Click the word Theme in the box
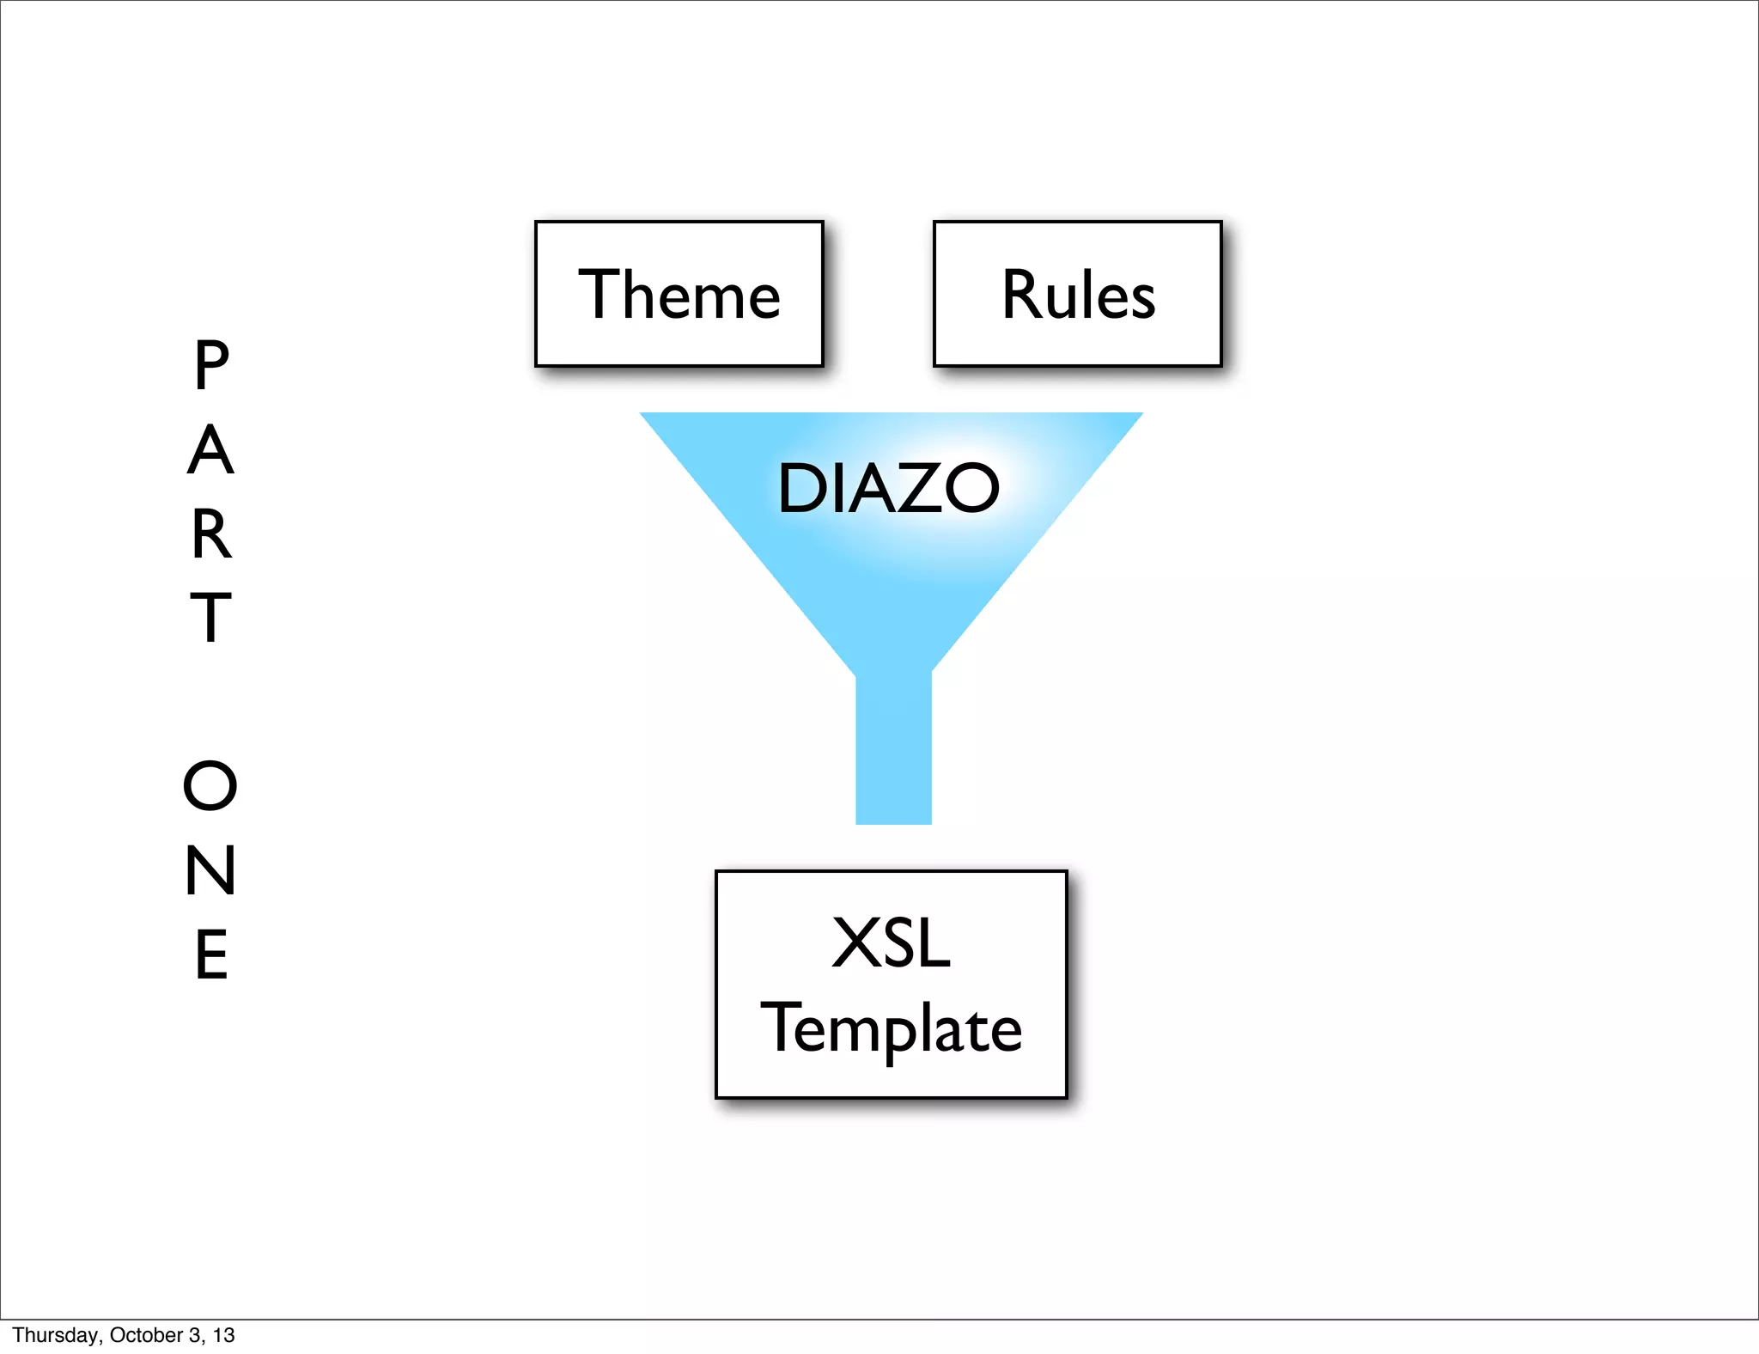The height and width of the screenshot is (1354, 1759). tap(679, 295)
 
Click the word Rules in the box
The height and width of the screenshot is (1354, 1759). tap(1078, 295)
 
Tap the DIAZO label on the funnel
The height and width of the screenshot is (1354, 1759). tap(888, 488)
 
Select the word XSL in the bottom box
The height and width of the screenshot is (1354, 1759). tap(891, 943)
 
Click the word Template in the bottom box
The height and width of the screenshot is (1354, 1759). tap(891, 1028)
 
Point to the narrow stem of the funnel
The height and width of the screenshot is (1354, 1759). tap(893, 747)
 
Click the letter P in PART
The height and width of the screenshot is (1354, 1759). tap(211, 365)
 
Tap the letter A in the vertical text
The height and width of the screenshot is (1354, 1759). tap(210, 450)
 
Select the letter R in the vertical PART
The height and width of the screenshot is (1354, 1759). tap(211, 534)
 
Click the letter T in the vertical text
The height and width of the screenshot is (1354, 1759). tap(210, 617)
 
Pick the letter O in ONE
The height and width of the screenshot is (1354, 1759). tap(210, 785)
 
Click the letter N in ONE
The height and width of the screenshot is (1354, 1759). tap(210, 870)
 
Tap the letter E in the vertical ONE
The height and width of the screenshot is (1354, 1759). tap(211, 955)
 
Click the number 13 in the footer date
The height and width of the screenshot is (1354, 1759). tap(224, 1335)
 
